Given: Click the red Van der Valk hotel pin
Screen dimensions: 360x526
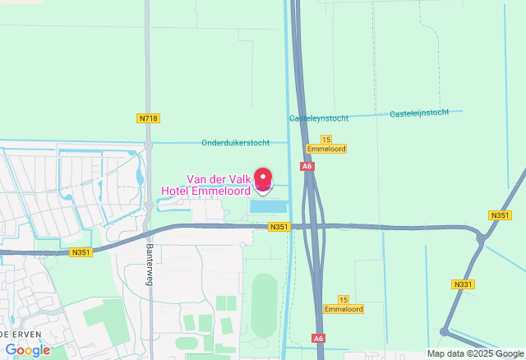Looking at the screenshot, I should point(263,180).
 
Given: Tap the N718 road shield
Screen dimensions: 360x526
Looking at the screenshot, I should point(148,118).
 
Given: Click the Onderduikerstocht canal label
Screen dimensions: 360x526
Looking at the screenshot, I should point(235,142).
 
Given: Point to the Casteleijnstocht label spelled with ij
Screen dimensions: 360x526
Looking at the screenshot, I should point(419,113).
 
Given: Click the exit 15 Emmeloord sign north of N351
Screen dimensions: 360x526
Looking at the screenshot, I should point(325,145).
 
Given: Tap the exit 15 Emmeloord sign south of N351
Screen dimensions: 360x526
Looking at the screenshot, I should point(344,305).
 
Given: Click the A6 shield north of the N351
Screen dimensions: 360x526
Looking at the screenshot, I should point(307,166).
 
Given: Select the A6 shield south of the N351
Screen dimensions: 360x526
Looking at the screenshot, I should point(319,338).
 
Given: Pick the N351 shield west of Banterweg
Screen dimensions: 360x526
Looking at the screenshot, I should point(81,252).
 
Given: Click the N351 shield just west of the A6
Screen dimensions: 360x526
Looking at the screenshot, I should point(279,226).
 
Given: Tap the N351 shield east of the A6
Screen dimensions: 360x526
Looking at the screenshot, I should point(499,215).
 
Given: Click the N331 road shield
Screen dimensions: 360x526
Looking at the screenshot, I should point(463,284).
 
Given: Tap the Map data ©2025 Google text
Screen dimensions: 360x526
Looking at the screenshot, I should point(474,353).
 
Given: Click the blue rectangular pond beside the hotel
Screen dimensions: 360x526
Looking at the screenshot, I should point(270,205).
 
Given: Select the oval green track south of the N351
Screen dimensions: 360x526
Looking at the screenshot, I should point(264,306).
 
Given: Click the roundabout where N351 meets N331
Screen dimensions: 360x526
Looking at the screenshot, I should point(481,238).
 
